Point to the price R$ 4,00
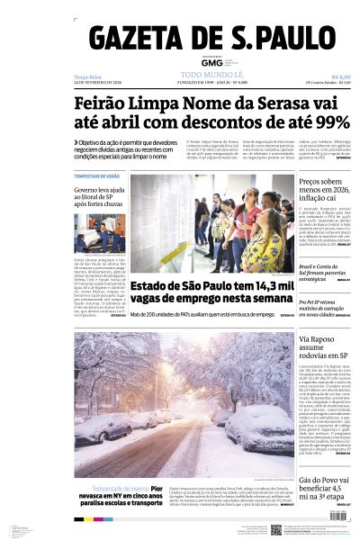coord(340,77)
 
